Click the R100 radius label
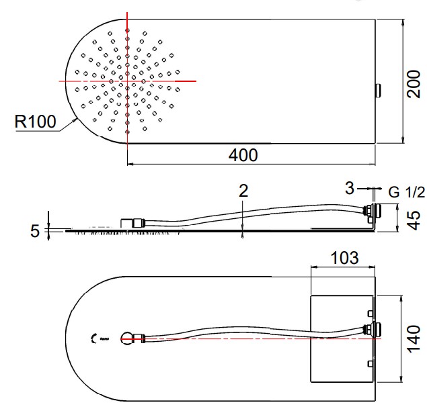35,122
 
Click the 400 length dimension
243,155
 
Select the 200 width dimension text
414,84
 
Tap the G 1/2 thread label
406,192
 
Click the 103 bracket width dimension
344,258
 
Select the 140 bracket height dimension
414,338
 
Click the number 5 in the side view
35,231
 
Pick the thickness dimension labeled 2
243,191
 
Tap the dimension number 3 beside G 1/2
350,188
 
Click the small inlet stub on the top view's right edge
378,91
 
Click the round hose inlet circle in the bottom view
127,338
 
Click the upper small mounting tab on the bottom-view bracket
370,314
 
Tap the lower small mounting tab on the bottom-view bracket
370,363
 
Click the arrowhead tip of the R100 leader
76,119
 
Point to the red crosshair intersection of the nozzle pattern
127,81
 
